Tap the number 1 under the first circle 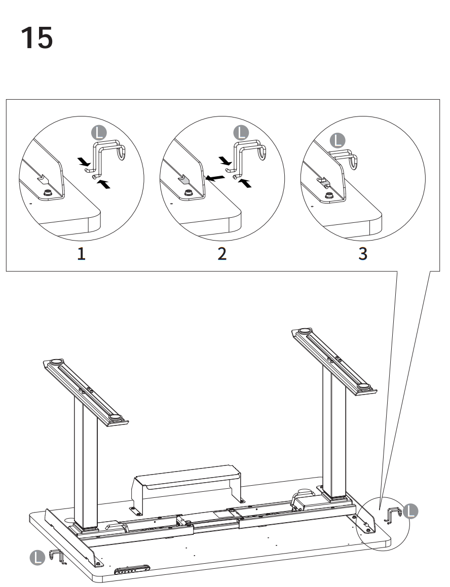click(x=81, y=254)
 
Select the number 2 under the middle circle click(x=222, y=254)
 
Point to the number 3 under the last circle click(x=363, y=254)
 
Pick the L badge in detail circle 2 click(x=241, y=132)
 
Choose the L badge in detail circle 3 click(x=337, y=140)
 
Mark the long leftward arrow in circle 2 click(x=215, y=178)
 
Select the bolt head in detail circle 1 click(x=48, y=192)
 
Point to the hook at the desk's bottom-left click(x=57, y=557)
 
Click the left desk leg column click(x=85, y=471)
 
